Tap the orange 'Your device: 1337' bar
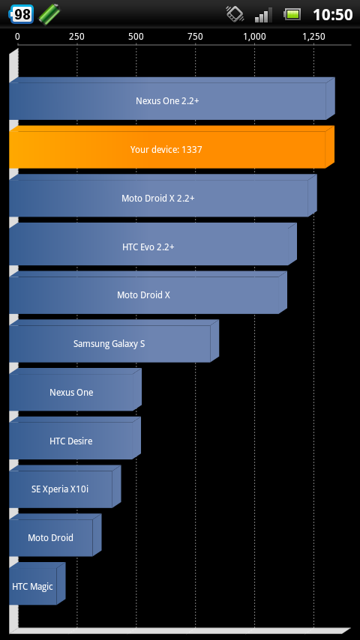(x=172, y=147)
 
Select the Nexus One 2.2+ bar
(x=172, y=98)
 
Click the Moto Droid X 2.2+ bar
(x=163, y=196)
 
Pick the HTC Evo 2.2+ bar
(x=153, y=244)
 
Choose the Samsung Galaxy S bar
(x=114, y=341)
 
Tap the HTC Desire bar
(x=75, y=438)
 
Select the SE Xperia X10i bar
(x=65, y=486)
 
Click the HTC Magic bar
(x=37, y=584)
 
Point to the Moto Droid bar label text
(x=51, y=537)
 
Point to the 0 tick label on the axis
(x=17, y=37)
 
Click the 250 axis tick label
(x=76, y=37)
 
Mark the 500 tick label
(x=136, y=37)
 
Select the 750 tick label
(x=195, y=37)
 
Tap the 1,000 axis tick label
(x=254, y=37)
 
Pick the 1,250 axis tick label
(x=313, y=37)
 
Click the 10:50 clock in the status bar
(x=332, y=15)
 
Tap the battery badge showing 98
(x=21, y=14)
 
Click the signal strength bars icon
(x=263, y=15)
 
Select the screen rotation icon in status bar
(x=235, y=14)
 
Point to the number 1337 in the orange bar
(x=192, y=149)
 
